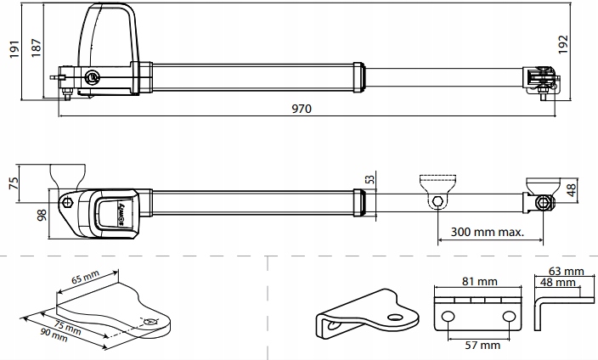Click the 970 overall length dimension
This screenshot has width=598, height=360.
[x=302, y=109]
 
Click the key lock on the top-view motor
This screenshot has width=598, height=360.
[x=91, y=77]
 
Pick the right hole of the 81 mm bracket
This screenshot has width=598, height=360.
[x=508, y=316]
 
